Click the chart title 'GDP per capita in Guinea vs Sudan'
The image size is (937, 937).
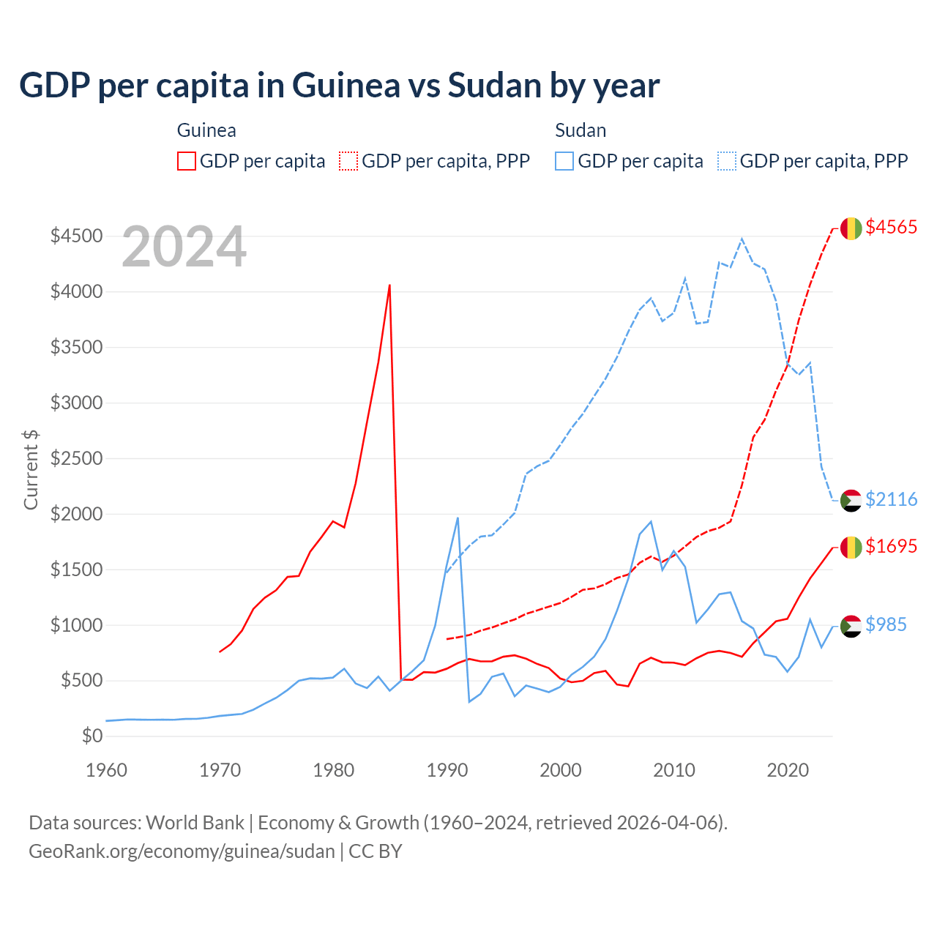[339, 85]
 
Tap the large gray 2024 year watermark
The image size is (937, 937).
[184, 247]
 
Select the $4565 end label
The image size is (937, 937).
[891, 227]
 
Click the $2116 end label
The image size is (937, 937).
[891, 499]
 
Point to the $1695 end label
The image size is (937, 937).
[891, 546]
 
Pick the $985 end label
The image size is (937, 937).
[886, 624]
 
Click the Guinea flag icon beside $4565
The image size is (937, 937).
[851, 228]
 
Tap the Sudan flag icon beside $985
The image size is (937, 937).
[851, 626]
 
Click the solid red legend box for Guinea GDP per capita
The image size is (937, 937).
[187, 161]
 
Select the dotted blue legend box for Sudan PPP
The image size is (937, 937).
[727, 161]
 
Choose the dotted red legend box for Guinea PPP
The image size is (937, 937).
[348, 161]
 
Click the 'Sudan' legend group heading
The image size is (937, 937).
[581, 130]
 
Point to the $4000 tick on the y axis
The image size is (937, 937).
[76, 291]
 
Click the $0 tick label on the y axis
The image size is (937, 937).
[92, 736]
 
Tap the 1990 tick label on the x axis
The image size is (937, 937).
[447, 770]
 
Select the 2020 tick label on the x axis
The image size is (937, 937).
[788, 770]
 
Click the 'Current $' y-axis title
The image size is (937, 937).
[31, 469]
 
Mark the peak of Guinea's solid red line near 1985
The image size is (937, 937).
[389, 285]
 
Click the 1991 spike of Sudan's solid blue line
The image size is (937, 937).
[458, 518]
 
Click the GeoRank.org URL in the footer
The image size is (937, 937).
[182, 851]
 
